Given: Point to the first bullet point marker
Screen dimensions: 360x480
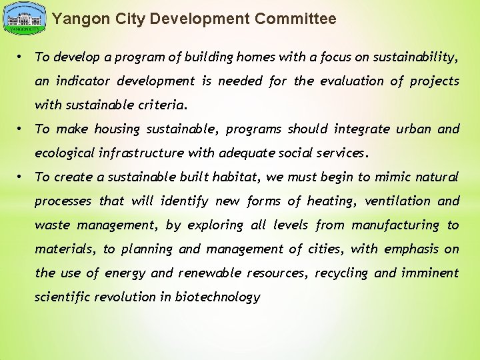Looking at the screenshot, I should [x=22, y=57].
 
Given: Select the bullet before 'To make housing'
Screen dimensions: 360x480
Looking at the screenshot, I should [x=22, y=129].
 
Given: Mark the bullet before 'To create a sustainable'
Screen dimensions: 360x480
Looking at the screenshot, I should [x=22, y=177].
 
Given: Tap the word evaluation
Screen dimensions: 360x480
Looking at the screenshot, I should [x=351, y=81].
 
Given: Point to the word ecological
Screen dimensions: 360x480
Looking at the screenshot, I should [x=65, y=153].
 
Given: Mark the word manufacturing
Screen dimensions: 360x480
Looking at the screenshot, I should [x=395, y=225].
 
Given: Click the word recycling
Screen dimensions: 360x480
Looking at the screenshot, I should [x=341, y=273].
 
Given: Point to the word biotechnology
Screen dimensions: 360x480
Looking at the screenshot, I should [x=217, y=297].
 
